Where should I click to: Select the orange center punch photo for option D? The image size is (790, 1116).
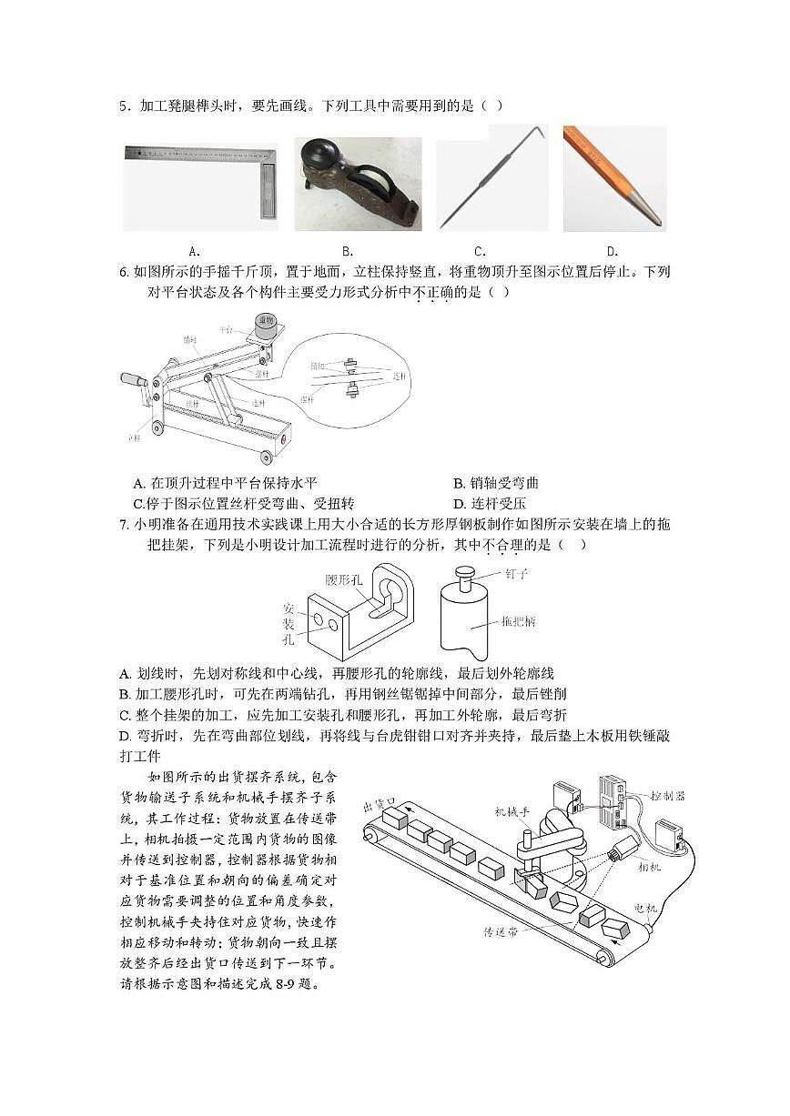pyautogui.click(x=614, y=179)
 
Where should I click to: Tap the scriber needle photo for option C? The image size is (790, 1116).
pyautogui.click(x=491, y=179)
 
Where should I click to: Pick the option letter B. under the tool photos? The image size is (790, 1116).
pyautogui.click(x=348, y=251)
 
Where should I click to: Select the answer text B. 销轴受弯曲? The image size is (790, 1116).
pyautogui.click(x=496, y=483)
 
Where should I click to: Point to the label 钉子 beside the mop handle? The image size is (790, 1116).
pyautogui.click(x=515, y=574)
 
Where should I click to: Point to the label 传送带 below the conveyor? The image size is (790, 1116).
pyautogui.click(x=501, y=932)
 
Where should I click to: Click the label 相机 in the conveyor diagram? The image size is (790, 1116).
pyautogui.click(x=651, y=868)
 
